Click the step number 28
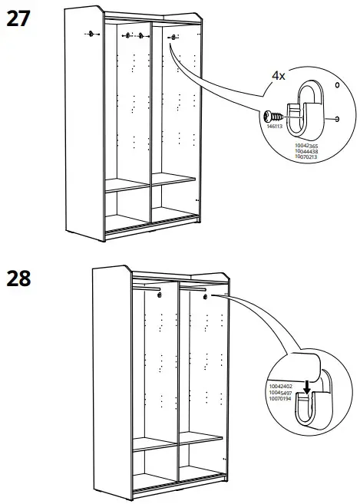coord(23,278)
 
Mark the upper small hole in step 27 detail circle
coord(336,84)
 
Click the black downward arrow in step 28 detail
coord(307,390)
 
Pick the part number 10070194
coord(282,398)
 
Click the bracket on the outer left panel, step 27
coord(91,33)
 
